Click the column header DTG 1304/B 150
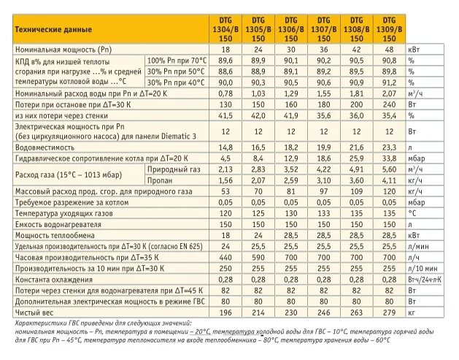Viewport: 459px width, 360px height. [225, 28]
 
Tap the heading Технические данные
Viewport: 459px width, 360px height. [51, 29]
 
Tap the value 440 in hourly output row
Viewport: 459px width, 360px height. [225, 257]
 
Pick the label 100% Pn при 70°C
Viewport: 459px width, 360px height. [177, 60]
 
